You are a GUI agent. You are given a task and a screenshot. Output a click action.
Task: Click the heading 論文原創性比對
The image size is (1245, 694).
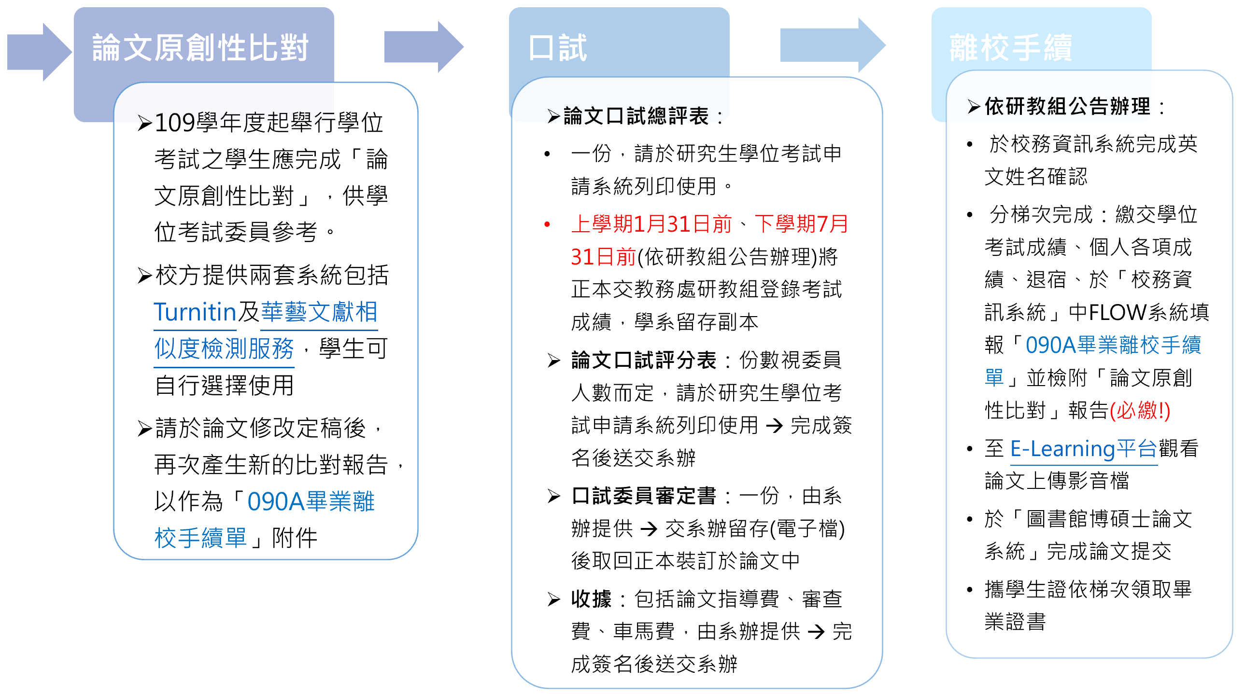pos(200,48)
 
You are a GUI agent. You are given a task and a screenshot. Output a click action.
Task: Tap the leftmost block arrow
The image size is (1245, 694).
pos(39,52)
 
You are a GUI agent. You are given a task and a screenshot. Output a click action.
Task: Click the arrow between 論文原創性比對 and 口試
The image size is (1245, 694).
pos(423,47)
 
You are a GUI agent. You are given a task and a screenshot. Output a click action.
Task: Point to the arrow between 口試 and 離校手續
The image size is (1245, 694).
pos(832,45)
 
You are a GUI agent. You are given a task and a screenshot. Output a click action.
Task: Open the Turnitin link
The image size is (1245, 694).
pos(194,312)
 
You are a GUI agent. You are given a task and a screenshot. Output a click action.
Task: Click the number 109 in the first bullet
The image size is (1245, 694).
pos(174,123)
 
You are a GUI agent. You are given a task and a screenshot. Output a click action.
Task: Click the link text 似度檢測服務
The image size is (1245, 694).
pos(224,349)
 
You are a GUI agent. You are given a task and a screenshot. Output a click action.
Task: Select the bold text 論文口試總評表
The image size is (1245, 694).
pos(636,116)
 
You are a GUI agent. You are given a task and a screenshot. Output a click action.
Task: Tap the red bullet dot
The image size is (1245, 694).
pos(547,224)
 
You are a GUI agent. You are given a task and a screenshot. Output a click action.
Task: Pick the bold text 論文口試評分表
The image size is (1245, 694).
pos(643,361)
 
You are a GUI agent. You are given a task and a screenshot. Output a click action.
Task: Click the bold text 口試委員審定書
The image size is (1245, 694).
pos(643,496)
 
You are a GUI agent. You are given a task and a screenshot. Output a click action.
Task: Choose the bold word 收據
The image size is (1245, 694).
pos(591,599)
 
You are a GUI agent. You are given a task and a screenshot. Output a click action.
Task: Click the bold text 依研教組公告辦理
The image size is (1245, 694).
pos(1067,106)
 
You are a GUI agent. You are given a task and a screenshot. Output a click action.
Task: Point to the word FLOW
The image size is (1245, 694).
pos(1118,312)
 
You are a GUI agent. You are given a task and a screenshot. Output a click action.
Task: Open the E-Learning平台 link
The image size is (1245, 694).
pos(1083,449)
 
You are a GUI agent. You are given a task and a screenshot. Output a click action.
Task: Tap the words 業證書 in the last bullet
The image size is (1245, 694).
pos(1015,622)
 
